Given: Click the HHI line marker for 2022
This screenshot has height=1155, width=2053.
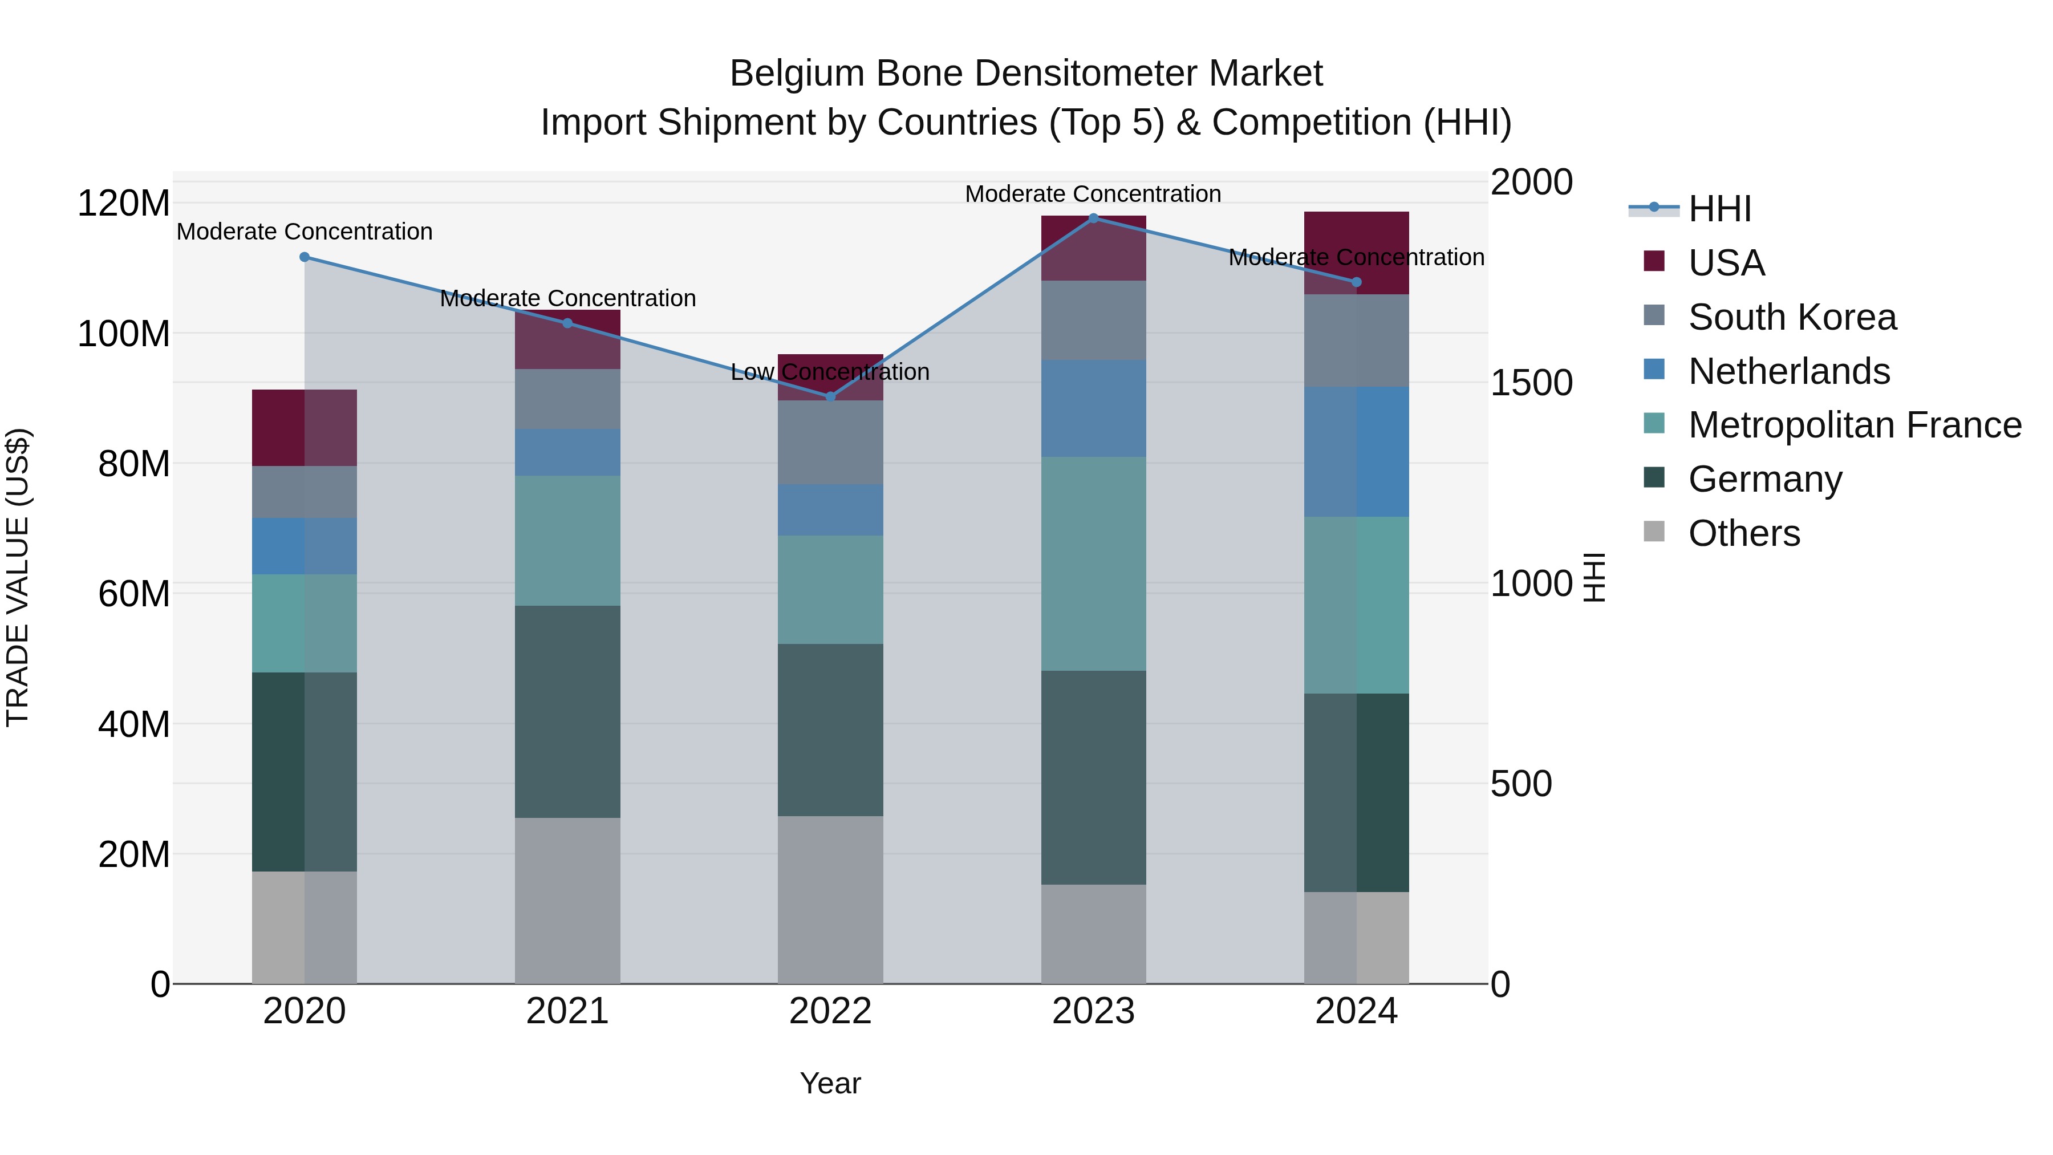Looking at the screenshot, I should tap(830, 396).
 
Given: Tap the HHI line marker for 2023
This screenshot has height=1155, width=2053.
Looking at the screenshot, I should tap(1093, 218).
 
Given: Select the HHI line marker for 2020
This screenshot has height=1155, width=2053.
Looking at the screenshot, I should tap(305, 257).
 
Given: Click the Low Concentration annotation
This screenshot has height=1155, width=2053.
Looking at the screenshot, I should tap(830, 372).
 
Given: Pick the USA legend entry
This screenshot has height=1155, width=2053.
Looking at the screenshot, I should tap(1726, 263).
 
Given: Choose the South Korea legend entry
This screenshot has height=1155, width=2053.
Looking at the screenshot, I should tap(1792, 317).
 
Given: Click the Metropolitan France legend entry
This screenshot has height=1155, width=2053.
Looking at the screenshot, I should tap(1854, 425).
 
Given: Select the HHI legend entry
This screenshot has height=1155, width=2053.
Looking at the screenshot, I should tap(1719, 209).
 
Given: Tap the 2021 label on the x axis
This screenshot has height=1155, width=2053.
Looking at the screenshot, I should tap(567, 1011).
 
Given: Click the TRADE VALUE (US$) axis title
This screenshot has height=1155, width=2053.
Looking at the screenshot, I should tap(18, 577).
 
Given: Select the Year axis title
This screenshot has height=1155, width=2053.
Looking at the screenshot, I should tap(830, 1083).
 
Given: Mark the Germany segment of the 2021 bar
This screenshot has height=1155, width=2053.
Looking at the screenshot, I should tap(567, 711).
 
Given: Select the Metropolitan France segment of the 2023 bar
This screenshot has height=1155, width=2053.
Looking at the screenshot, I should tap(1093, 564).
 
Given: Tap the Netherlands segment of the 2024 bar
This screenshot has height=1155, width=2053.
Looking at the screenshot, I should tap(1357, 452).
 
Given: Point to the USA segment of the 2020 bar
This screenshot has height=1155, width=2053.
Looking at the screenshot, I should tap(305, 427).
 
